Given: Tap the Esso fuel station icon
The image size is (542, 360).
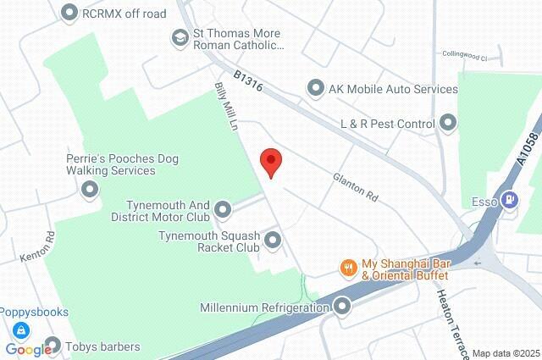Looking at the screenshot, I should pyautogui.click(x=509, y=201).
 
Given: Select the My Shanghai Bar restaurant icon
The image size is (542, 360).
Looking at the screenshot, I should pyautogui.click(x=347, y=269).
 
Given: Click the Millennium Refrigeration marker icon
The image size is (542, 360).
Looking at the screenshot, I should pyautogui.click(x=342, y=306).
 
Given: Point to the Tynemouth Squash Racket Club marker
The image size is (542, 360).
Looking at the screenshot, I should pyautogui.click(x=273, y=241).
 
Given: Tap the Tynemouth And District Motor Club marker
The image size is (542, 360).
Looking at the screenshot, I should pyautogui.click(x=223, y=208).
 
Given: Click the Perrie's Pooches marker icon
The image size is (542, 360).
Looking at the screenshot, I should pyautogui.click(x=89, y=190).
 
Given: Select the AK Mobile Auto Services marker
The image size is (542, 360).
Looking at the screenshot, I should pyautogui.click(x=316, y=86).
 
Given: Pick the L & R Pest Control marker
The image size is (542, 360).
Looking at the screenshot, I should pyautogui.click(x=449, y=124).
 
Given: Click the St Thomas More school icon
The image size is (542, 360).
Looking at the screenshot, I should pyautogui.click(x=180, y=37).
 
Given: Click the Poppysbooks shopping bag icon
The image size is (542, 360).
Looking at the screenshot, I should pyautogui.click(x=18, y=330).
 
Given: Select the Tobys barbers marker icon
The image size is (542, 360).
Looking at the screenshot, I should pyautogui.click(x=53, y=346).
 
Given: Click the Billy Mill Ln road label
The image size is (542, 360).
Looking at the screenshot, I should pyautogui.click(x=225, y=108).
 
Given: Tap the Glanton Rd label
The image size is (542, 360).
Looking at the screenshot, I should pyautogui.click(x=355, y=186).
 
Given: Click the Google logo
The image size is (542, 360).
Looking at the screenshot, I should pyautogui.click(x=27, y=349).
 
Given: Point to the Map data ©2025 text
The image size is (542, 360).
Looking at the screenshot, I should pyautogui.click(x=505, y=353).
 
